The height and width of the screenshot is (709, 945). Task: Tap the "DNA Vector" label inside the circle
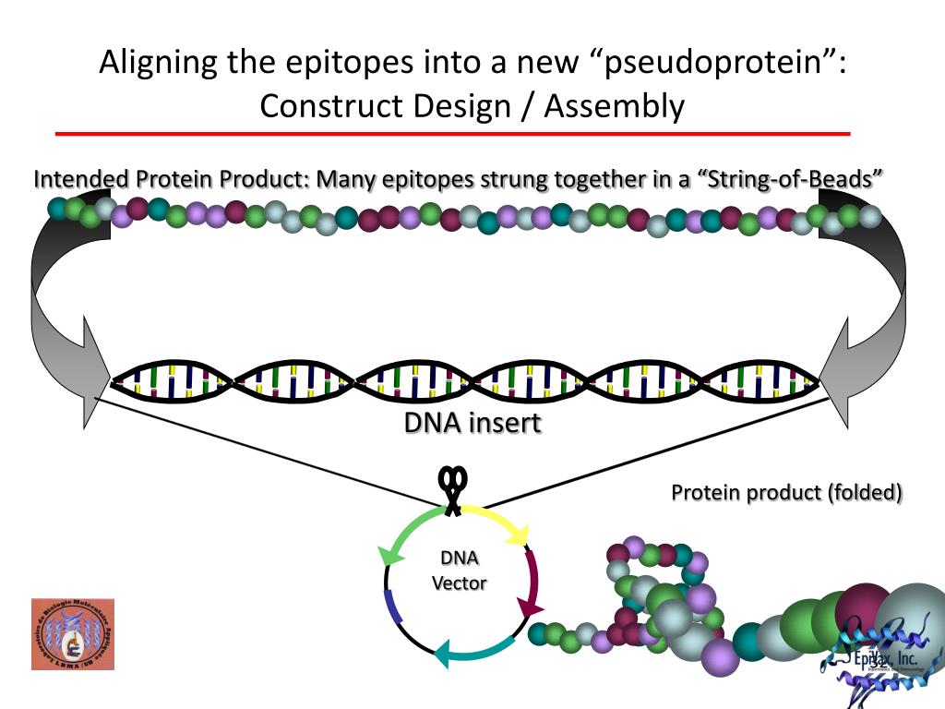[x=459, y=571]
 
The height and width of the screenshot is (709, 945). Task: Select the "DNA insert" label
[x=472, y=423]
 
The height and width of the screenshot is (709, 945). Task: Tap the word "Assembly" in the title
[x=614, y=106]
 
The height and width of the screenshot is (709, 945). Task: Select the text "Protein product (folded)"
[x=786, y=492]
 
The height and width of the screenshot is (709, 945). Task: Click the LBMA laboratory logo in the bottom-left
[x=72, y=633]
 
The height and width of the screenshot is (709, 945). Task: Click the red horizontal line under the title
[x=452, y=134]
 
